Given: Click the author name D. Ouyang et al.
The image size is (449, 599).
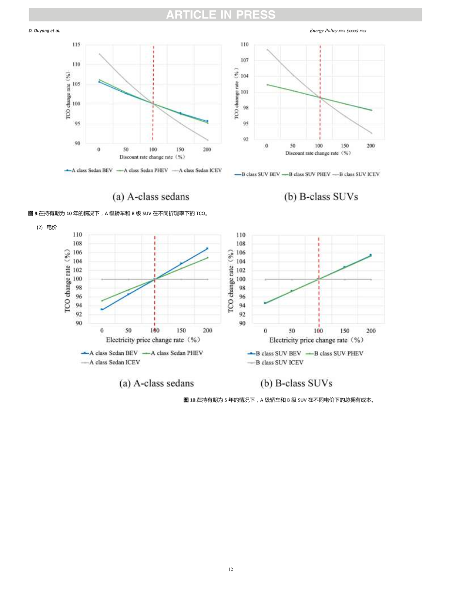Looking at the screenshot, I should (45, 31).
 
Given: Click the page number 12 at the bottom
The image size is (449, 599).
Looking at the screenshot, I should (230, 569).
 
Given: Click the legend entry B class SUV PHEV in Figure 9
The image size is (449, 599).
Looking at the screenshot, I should (309, 174).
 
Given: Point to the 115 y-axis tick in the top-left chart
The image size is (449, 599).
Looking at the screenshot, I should (76, 45).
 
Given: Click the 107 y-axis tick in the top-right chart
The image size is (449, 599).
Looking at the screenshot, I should (245, 60).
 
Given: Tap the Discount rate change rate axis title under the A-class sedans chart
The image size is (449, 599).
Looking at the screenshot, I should (152, 157).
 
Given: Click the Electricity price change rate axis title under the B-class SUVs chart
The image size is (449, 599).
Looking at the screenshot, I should (316, 340).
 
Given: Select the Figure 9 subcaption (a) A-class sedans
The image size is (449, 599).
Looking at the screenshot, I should (151, 197).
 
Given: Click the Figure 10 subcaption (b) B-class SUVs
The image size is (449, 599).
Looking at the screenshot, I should (296, 383).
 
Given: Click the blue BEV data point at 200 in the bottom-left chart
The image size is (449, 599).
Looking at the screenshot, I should (207, 249).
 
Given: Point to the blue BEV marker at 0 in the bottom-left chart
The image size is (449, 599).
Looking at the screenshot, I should (102, 309).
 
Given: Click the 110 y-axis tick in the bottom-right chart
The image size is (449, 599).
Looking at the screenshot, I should (240, 235).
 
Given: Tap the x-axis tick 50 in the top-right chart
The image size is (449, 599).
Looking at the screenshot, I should (292, 146).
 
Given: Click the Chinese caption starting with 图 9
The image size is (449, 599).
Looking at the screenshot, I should (118, 213).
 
